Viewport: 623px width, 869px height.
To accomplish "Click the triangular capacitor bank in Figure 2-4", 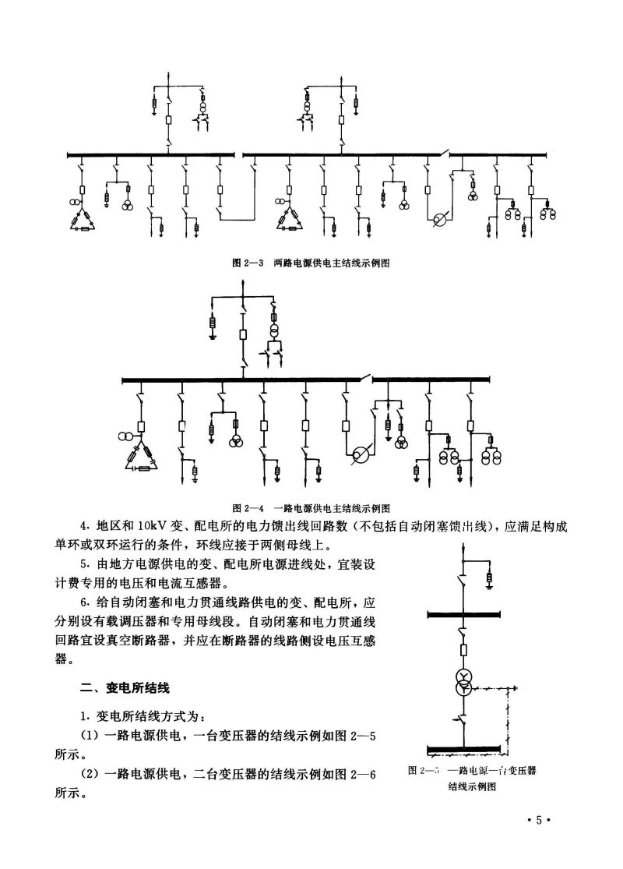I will pyautogui.click(x=144, y=460).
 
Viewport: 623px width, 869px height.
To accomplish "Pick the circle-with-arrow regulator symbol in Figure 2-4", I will pyautogui.click(x=360, y=455).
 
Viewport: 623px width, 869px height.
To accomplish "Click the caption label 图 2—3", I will pyautogui.click(x=249, y=263).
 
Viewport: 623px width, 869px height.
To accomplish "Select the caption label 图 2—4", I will pyautogui.click(x=249, y=509).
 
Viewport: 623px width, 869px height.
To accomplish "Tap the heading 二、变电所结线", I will pyautogui.click(x=125, y=688).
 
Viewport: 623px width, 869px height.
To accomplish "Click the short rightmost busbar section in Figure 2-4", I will pyautogui.click(x=431, y=380).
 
